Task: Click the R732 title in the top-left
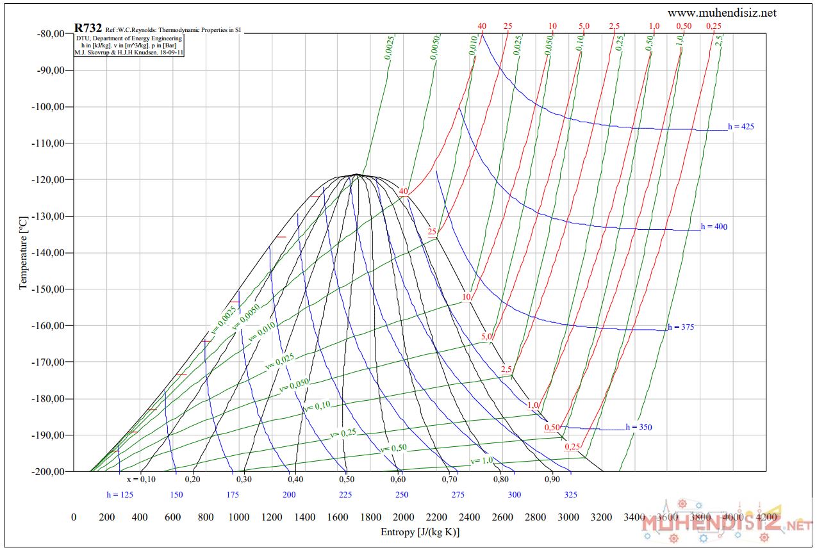tap(88, 28)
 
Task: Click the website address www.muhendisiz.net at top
tap(722, 13)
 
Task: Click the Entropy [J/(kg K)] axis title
tap(420, 532)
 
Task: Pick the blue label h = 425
tap(741, 127)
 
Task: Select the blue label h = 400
tap(714, 227)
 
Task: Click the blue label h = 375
tap(681, 327)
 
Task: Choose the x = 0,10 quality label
tap(141, 479)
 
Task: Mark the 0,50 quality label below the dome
tap(346, 479)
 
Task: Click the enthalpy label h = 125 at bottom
tap(120, 494)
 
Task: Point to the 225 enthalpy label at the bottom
tap(345, 494)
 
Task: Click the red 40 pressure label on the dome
tap(403, 191)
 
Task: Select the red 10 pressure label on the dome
tap(466, 297)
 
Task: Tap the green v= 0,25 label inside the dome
tap(343, 433)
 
